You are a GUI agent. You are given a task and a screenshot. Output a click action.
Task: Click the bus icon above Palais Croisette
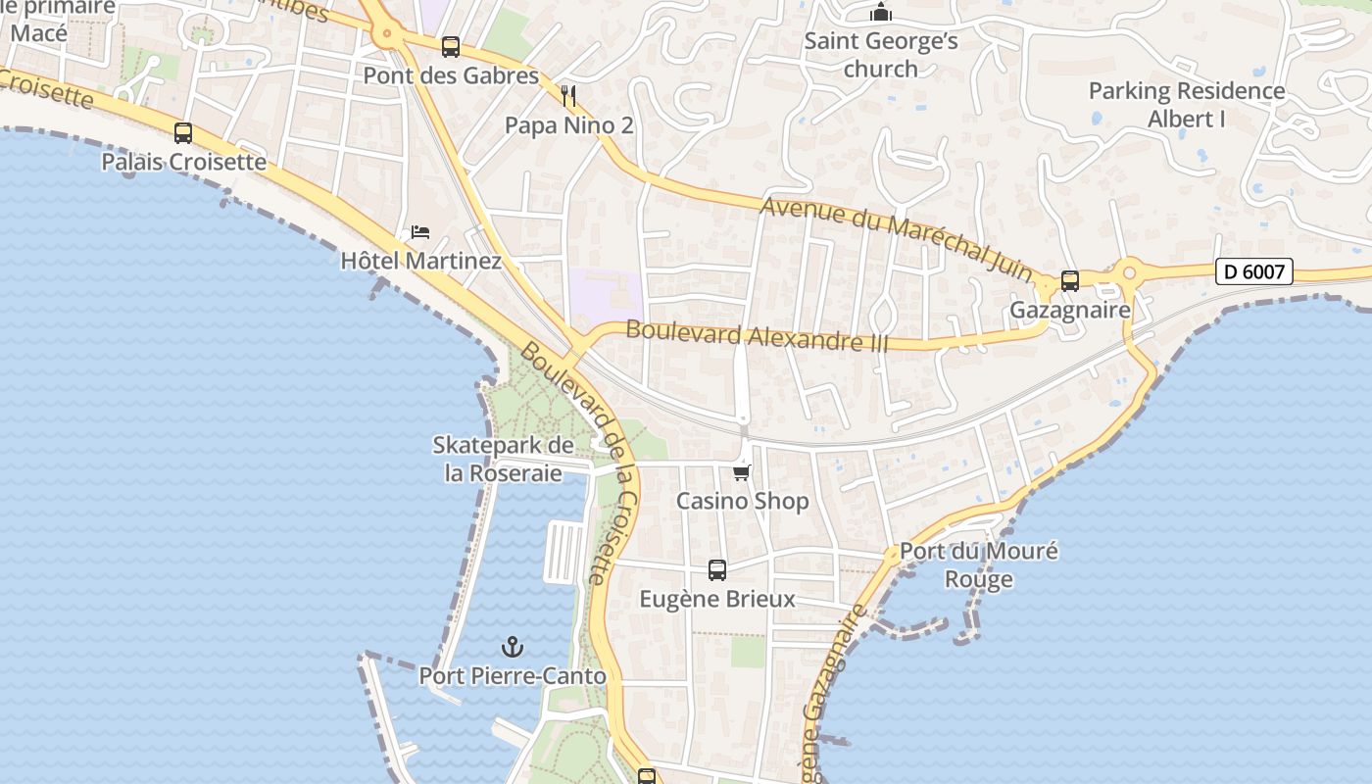point(183,132)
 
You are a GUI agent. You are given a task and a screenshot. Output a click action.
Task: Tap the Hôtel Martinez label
point(420,261)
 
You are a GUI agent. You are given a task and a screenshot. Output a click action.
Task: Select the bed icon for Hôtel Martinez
point(420,232)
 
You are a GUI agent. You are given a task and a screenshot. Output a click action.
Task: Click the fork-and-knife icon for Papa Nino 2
point(568,96)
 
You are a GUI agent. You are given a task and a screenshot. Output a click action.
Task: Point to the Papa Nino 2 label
point(568,125)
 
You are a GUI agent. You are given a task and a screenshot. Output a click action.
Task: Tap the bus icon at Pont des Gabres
point(451,46)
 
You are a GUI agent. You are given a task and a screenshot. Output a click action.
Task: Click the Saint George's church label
point(881,55)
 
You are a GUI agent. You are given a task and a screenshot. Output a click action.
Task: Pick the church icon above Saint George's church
point(881,13)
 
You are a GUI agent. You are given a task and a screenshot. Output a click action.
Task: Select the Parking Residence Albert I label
point(1186,105)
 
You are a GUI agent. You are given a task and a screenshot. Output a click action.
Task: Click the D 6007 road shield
point(1254,271)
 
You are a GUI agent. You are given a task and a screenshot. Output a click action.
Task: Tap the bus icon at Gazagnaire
point(1070,281)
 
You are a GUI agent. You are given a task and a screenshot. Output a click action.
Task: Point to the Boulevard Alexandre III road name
point(757,336)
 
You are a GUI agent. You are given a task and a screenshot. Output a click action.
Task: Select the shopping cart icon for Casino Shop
point(742,473)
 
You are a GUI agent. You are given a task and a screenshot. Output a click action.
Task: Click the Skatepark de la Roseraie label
point(503,460)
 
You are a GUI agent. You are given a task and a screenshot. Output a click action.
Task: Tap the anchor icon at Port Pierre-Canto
point(512,647)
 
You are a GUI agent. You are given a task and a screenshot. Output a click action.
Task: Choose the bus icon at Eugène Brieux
point(717,569)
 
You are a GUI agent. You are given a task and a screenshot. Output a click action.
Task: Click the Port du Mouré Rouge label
point(978,564)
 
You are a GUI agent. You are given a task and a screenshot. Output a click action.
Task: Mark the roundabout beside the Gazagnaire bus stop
point(1130,270)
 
